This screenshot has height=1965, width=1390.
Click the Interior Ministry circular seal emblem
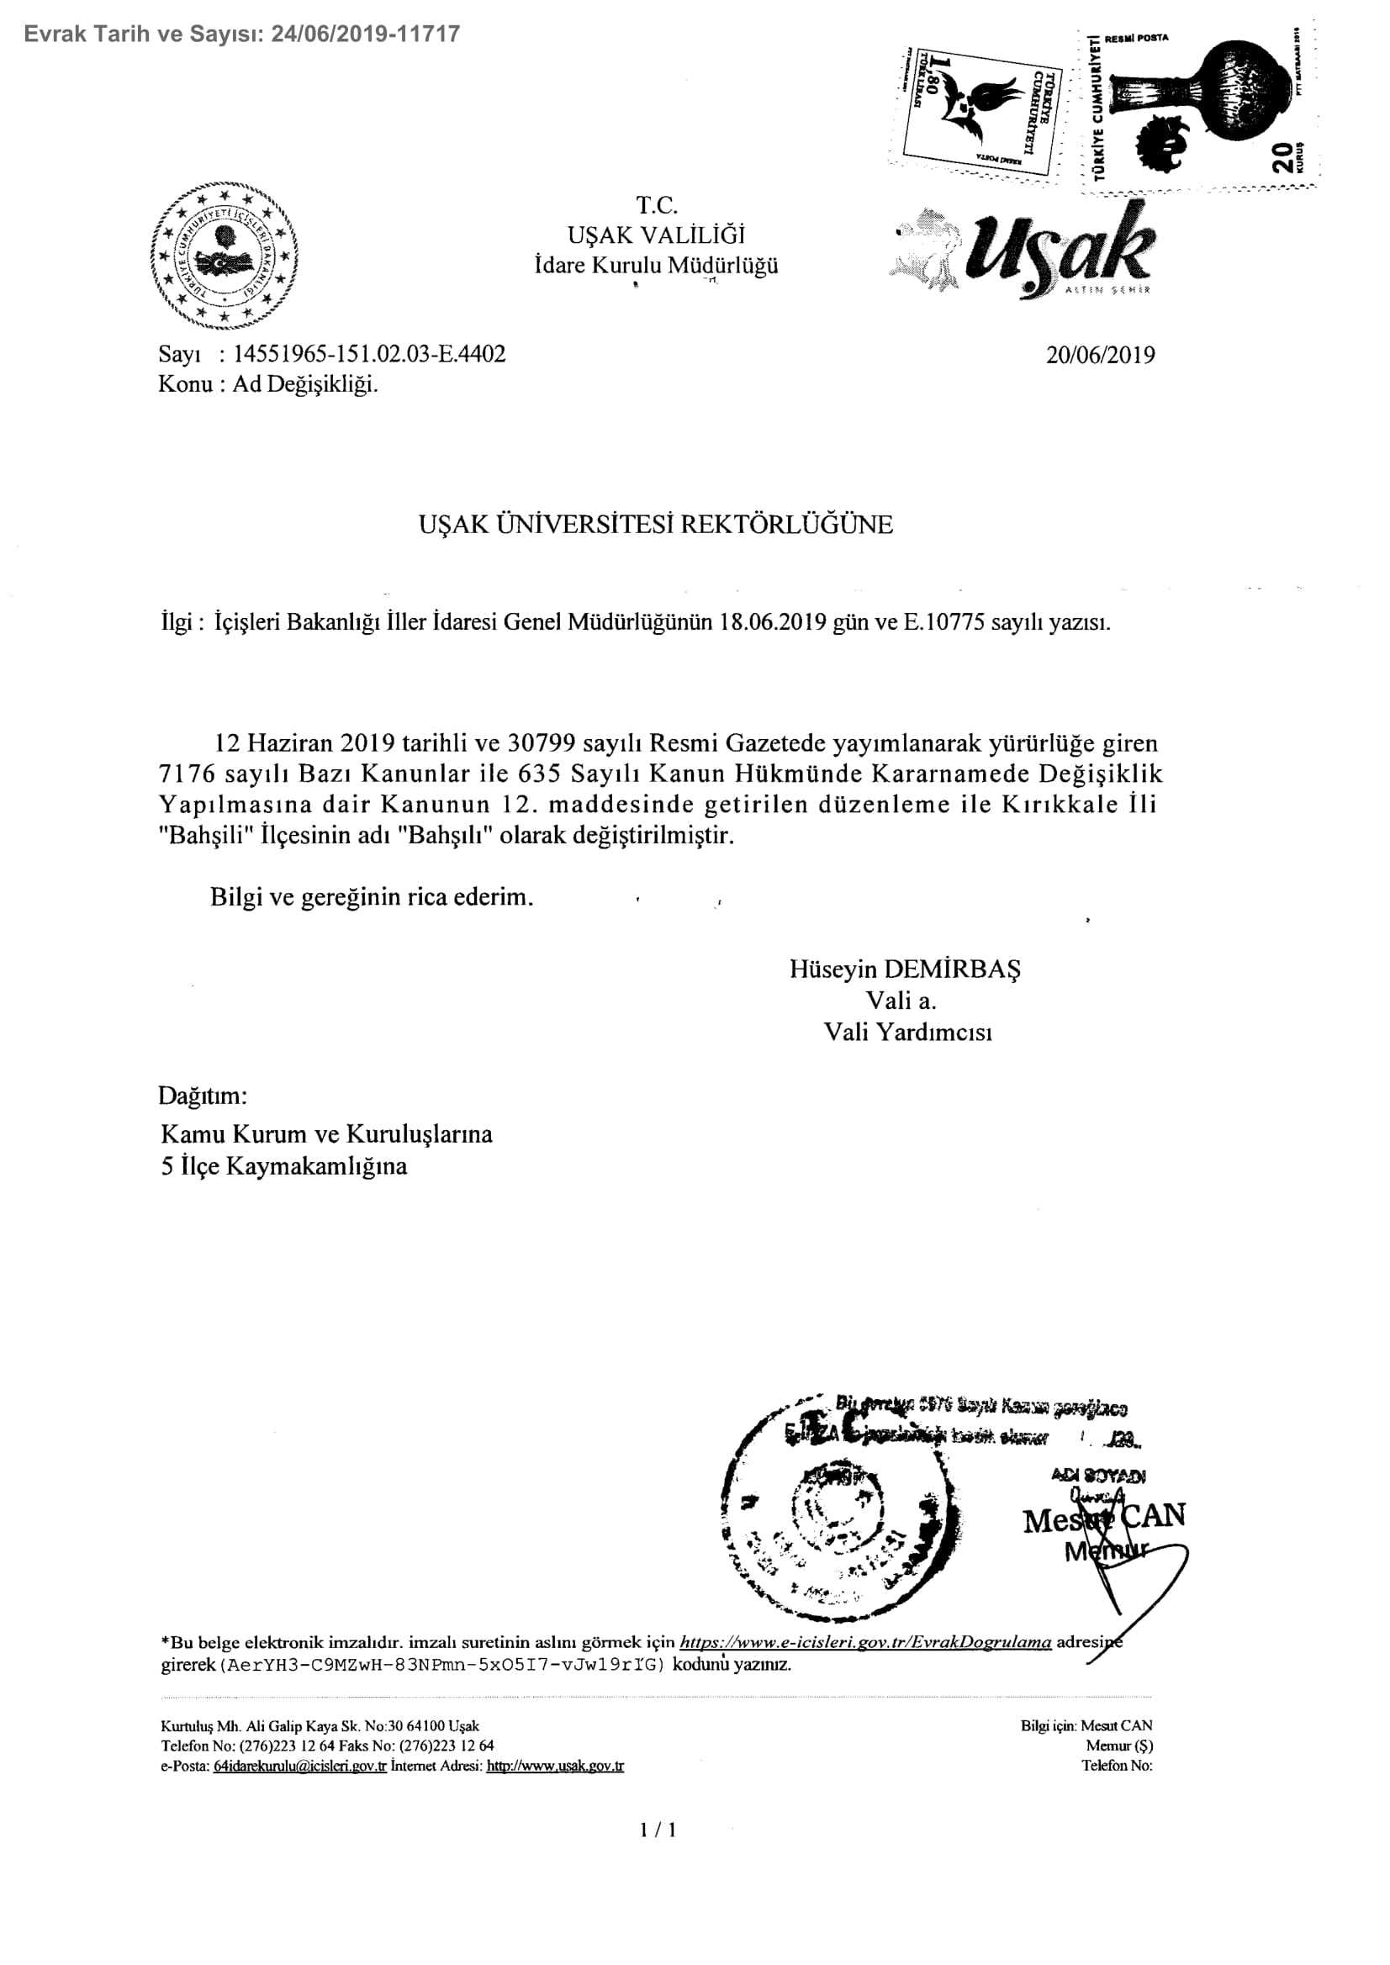[x=225, y=256]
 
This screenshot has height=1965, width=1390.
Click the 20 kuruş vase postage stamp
[x=1198, y=105]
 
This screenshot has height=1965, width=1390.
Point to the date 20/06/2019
[x=1100, y=354]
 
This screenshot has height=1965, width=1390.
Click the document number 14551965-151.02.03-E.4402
[x=370, y=353]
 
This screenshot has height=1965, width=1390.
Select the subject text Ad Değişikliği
[x=305, y=384]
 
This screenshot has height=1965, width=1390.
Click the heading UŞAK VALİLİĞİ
[x=656, y=235]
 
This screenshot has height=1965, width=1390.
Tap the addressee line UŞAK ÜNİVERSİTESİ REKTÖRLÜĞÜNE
[x=656, y=524]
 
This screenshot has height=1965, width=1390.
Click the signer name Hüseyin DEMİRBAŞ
[x=906, y=969]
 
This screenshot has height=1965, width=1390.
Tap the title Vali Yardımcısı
[x=907, y=1033]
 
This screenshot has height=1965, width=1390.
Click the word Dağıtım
[x=203, y=1096]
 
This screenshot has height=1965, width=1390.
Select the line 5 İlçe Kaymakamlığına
[x=284, y=1166]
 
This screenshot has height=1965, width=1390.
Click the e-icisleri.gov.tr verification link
[x=864, y=1642]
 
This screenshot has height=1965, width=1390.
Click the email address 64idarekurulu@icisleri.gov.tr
[x=299, y=1766]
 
